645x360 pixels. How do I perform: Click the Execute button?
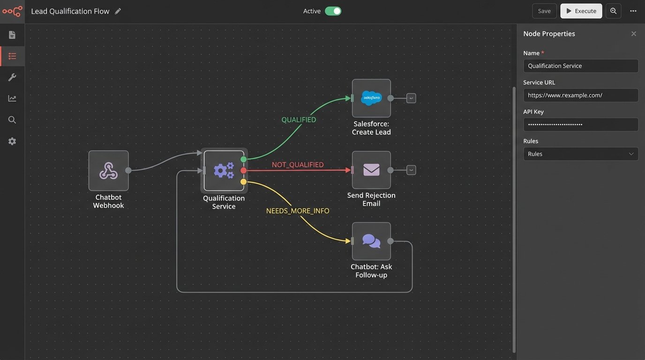pyautogui.click(x=581, y=11)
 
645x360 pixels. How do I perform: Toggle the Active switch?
pyautogui.click(x=333, y=11)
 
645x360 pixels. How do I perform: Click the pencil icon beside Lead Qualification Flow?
pyautogui.click(x=118, y=11)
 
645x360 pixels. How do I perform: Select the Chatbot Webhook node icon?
pyautogui.click(x=108, y=171)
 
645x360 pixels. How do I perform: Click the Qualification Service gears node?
pyautogui.click(x=224, y=171)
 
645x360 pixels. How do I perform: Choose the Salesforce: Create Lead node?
pyautogui.click(x=371, y=98)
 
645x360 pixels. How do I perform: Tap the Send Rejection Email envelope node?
pyautogui.click(x=371, y=170)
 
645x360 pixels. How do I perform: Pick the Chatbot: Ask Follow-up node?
pyautogui.click(x=371, y=241)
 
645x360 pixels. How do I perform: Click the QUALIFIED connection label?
pyautogui.click(x=299, y=120)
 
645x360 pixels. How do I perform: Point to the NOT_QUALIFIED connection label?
pyautogui.click(x=298, y=165)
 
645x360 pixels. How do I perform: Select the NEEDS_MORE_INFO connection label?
pyautogui.click(x=298, y=211)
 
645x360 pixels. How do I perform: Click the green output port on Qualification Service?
pyautogui.click(x=243, y=159)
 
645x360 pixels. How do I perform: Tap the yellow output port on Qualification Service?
pyautogui.click(x=243, y=181)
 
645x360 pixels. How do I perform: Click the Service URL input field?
pyautogui.click(x=580, y=95)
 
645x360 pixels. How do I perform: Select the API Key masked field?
pyautogui.click(x=580, y=124)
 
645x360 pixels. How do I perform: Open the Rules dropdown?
pyautogui.click(x=580, y=154)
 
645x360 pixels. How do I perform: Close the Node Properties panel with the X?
pyautogui.click(x=633, y=34)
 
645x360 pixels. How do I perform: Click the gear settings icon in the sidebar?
pyautogui.click(x=12, y=141)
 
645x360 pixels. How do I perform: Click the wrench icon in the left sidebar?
pyautogui.click(x=12, y=77)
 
